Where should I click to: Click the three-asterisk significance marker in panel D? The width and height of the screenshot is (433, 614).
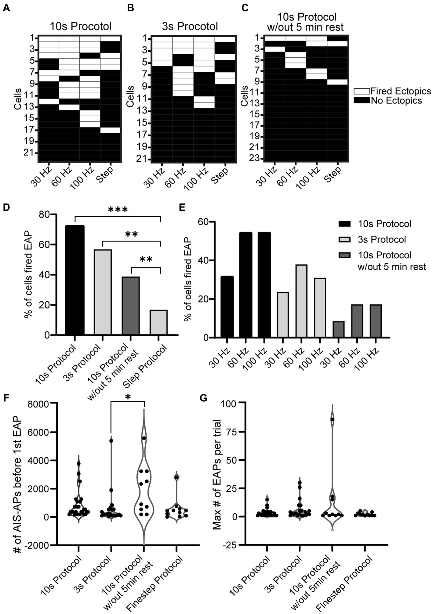pos(118,210)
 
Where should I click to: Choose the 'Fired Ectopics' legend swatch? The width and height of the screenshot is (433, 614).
pos(362,91)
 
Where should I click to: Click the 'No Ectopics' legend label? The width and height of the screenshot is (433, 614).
pos(396,101)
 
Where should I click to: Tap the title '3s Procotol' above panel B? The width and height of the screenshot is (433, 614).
pos(190,26)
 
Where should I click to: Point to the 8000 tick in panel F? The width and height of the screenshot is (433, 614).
pos(42,404)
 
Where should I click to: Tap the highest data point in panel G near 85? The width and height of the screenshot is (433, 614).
pos(332,419)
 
